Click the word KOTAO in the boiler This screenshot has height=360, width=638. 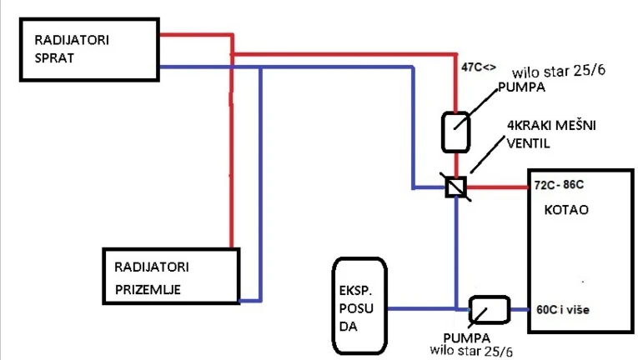566,210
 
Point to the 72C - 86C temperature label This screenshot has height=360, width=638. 559,185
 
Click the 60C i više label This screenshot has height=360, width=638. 563,310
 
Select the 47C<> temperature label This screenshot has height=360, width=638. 479,67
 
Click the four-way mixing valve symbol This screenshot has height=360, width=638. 455,187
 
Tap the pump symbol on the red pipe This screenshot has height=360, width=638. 455,132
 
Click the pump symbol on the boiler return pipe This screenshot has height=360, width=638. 489,310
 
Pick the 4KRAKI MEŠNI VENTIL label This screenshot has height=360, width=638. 551,134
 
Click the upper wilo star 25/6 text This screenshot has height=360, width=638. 559,72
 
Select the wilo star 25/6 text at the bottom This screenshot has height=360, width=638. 471,351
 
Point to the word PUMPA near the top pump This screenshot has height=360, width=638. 521,87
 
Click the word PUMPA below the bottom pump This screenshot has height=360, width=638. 467,338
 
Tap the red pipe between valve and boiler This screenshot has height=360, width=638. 497,187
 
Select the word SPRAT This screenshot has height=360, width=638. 54,58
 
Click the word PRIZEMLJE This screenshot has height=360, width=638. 148,290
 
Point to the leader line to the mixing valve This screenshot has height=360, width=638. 487,154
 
